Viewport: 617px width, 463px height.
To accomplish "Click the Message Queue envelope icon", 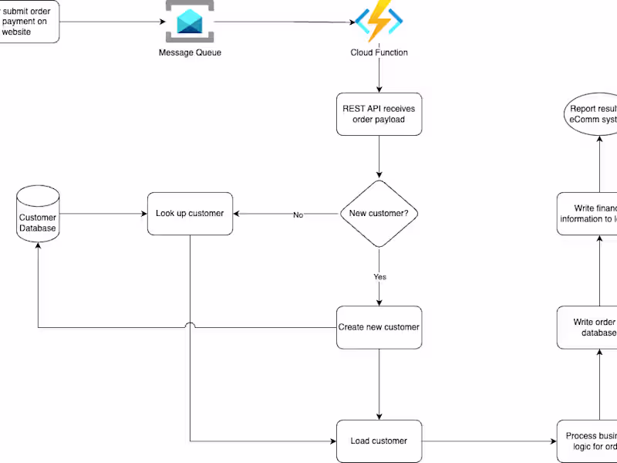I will [190, 22].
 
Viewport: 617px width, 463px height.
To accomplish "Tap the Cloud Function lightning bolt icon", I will [379, 22].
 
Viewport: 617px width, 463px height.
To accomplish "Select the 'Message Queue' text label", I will [190, 52].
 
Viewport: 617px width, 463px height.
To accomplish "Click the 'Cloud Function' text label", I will [379, 52].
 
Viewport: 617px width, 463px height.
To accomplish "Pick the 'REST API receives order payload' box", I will [379, 114].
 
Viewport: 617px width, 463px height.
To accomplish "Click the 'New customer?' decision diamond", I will [379, 214].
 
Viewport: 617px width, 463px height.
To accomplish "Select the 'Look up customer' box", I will [190, 214].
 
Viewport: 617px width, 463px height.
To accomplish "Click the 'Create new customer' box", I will [379, 327].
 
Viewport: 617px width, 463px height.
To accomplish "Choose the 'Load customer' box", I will [379, 441].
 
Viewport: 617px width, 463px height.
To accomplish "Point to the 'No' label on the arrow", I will [298, 215].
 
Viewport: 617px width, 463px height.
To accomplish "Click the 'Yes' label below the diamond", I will [379, 276].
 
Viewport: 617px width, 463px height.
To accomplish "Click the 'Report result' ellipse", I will [589, 114].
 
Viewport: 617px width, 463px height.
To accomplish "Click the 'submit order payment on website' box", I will [28, 22].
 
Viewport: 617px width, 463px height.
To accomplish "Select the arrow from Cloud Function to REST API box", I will [379, 77].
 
